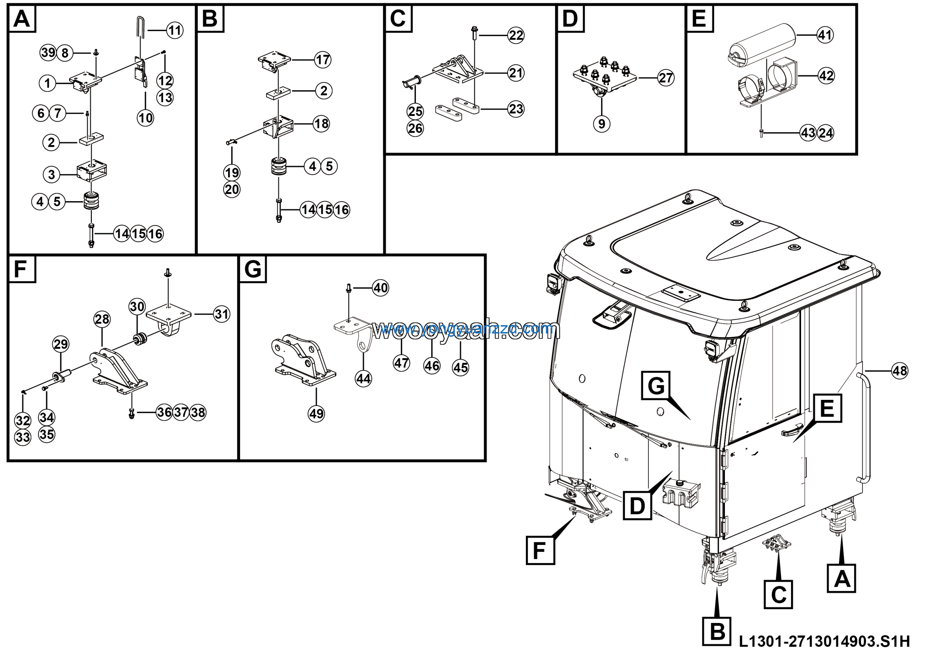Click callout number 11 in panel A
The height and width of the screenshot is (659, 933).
pos(175,31)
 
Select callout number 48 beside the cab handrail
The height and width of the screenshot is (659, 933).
pos(900,371)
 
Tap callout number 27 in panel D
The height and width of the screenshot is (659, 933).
pos(665,78)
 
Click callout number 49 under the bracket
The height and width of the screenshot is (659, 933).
pos(316,414)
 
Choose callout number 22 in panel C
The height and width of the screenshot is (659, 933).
pos(516,35)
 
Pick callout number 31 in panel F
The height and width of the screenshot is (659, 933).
pos(222,314)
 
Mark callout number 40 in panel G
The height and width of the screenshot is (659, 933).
pos(380,288)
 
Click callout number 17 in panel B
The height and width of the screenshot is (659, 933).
pos(323,60)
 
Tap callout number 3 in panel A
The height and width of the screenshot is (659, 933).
pos(51,175)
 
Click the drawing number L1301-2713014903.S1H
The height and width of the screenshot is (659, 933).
pos(824,641)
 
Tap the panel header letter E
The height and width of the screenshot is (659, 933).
pos(699,18)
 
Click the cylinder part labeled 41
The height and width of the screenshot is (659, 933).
pos(762,45)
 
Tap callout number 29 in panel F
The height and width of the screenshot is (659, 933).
pos(60,344)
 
